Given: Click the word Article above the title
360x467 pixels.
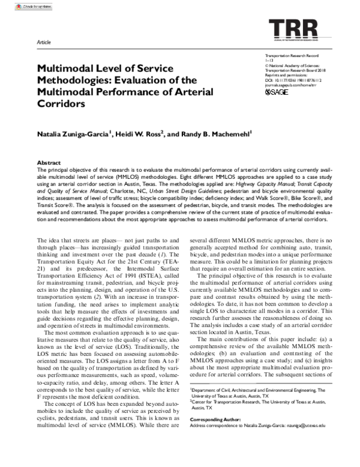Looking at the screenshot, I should (44, 43).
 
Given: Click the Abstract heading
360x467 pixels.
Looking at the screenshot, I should (49, 163).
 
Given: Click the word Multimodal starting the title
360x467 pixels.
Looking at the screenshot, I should (66, 68).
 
